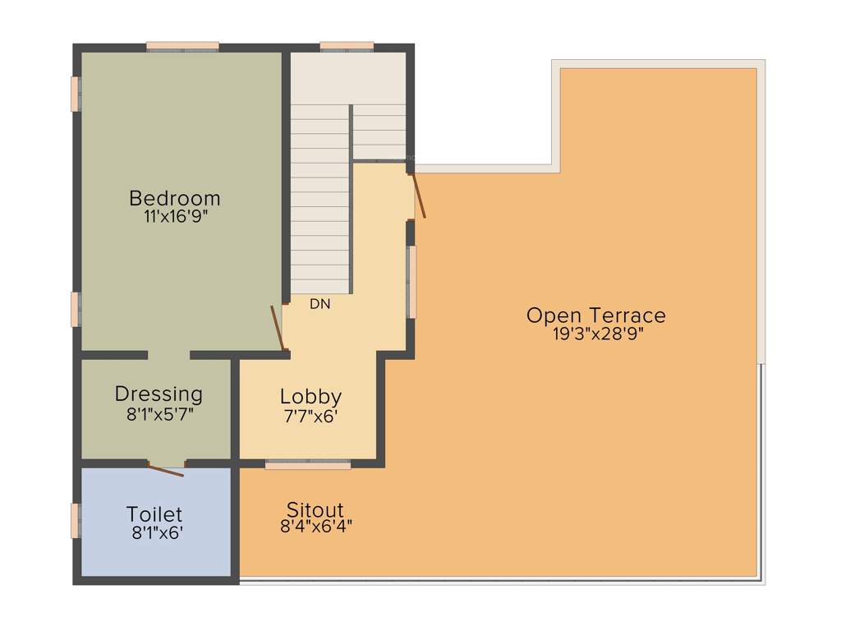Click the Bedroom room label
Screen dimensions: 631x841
pos(175,199)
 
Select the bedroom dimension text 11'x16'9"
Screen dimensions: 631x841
pos(175,217)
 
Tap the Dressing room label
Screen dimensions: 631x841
pos(159,394)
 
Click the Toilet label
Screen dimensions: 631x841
pos(154,514)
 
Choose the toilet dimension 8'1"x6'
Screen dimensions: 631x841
pos(157,532)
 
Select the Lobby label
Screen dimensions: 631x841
pos(310,397)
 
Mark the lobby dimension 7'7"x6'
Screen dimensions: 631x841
pos(310,416)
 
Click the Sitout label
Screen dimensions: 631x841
pos(315,509)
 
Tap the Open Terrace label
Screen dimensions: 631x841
pos(595,315)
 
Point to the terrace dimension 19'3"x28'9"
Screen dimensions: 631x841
pos(595,334)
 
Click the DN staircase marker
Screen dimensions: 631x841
pos(320,304)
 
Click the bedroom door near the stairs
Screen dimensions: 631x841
pos(278,328)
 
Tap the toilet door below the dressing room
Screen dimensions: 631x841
pos(166,470)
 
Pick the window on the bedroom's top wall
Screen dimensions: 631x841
pos(182,47)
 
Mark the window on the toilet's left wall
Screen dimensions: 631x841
pos(76,521)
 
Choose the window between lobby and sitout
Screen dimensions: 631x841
pos(308,464)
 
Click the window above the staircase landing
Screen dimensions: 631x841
pos(347,47)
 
